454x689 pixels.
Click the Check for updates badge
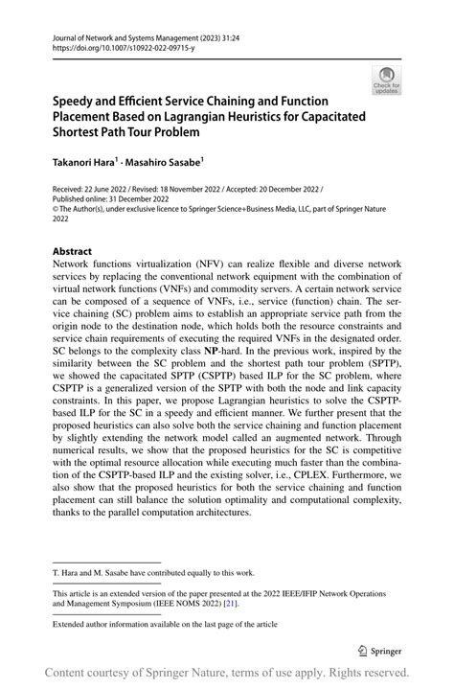point(387,81)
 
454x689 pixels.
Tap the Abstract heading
point(72,252)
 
